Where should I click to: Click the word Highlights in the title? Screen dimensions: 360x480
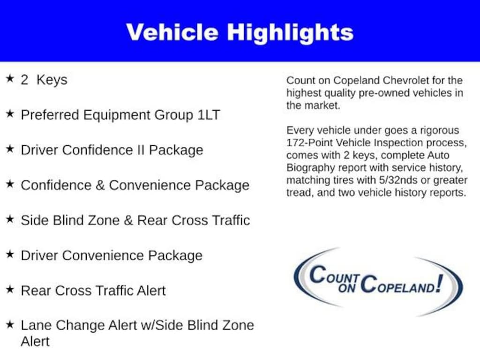290,33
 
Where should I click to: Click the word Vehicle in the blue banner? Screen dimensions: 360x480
172,32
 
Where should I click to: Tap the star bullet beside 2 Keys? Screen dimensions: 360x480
9,78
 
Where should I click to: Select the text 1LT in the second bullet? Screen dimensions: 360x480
208,115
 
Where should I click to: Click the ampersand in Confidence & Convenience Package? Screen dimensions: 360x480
100,185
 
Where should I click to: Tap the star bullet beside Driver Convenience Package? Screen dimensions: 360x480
9,254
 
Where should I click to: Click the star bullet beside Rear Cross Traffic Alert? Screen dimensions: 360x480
9,289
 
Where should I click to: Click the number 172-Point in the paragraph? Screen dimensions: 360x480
309,142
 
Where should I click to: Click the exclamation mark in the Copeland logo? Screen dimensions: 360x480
439,283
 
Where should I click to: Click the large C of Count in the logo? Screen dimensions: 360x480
318,275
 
